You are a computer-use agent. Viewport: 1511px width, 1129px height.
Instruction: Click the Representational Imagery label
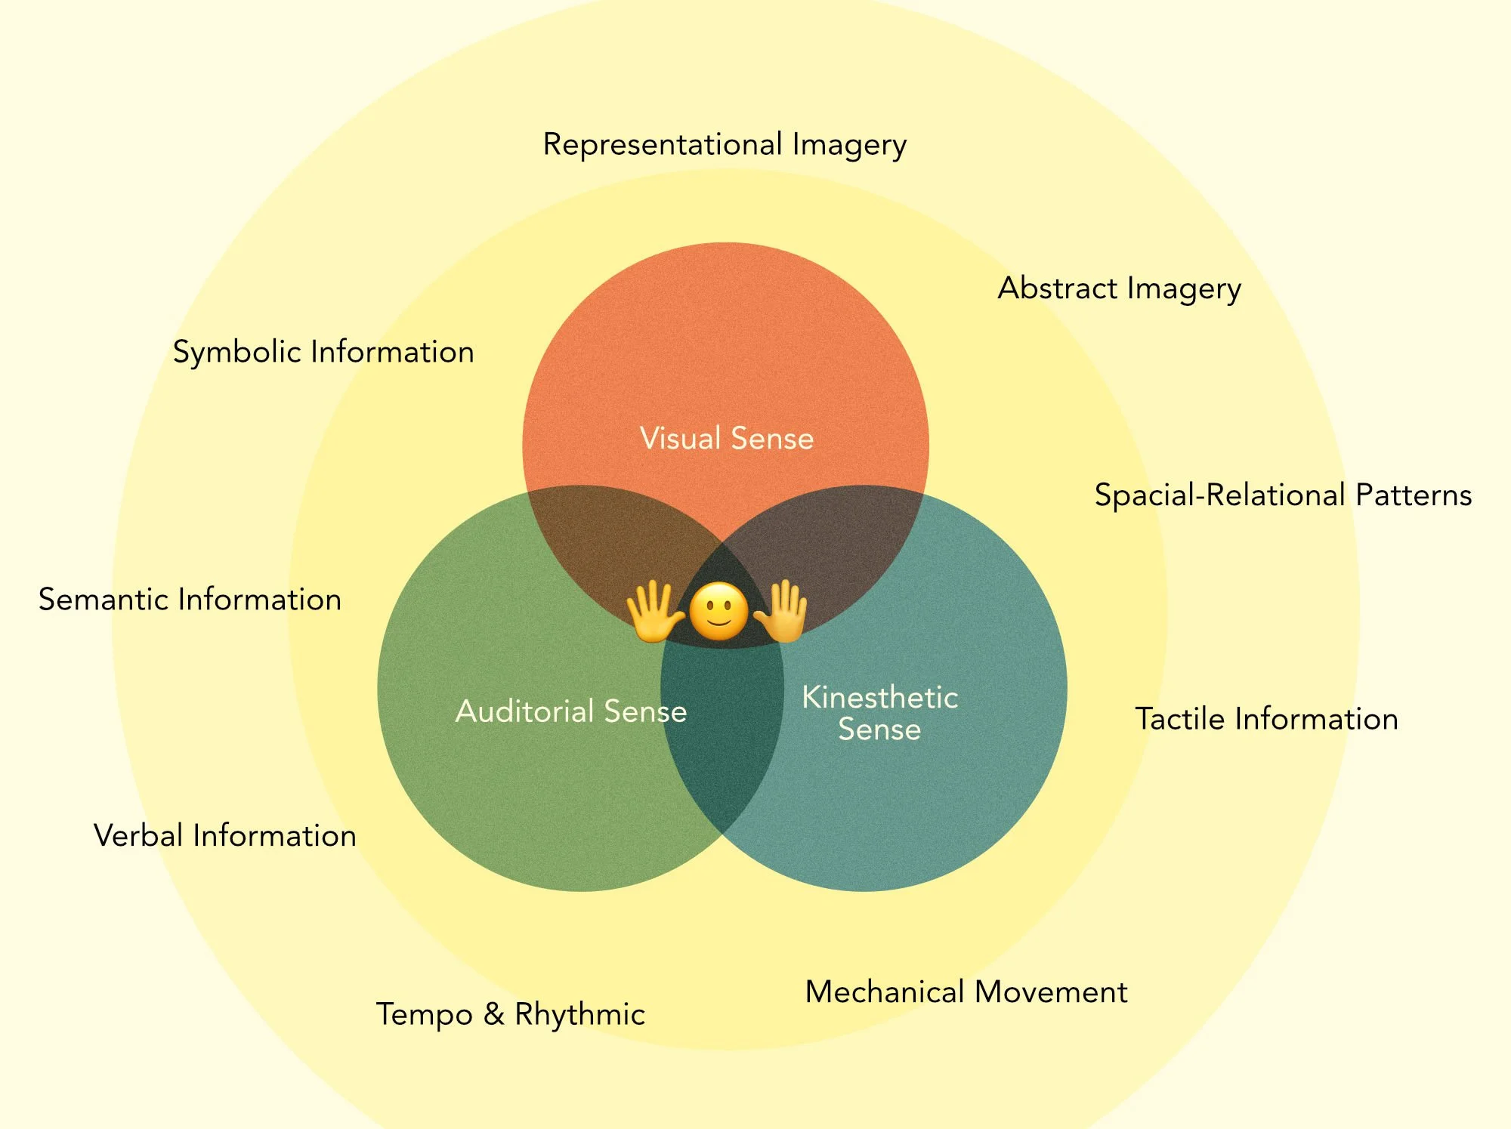coord(725,144)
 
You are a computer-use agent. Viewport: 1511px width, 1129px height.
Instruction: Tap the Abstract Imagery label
coord(1119,288)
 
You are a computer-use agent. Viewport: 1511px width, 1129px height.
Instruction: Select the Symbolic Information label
coord(323,352)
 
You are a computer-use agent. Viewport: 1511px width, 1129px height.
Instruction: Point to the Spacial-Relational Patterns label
coord(1283,495)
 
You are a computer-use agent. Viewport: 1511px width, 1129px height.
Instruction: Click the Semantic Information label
coord(190,600)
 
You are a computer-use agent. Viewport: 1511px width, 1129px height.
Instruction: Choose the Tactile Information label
coord(1266,719)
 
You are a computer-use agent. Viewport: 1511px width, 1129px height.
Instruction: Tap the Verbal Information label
coord(225,836)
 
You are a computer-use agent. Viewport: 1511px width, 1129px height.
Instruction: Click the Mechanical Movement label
coord(966,992)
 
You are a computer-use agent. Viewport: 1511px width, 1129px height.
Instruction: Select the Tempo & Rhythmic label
coord(511,1014)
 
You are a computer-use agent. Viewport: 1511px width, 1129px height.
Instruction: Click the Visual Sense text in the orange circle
coord(727,439)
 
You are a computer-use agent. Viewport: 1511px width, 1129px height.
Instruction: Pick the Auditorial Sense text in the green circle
coord(571,711)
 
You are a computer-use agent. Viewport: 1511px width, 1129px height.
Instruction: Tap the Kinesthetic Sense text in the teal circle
coord(880,713)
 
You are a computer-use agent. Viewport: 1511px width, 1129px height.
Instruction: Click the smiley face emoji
coord(719,612)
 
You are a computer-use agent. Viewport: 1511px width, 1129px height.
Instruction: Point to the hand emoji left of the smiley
coord(654,610)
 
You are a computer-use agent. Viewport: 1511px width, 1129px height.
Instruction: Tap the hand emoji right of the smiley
coord(782,610)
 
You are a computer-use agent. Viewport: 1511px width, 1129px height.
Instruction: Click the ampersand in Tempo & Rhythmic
coord(494,1014)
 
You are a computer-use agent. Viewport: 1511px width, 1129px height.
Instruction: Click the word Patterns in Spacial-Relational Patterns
coord(1414,495)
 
